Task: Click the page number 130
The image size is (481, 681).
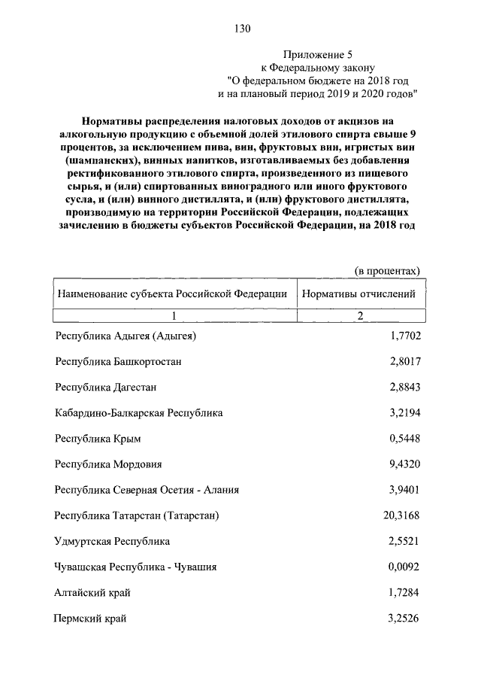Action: pos(241,29)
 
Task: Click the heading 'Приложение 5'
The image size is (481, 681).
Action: pos(317,55)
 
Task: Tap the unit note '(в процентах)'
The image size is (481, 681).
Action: pos(386,271)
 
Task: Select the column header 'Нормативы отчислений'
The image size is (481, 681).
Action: pos(358,294)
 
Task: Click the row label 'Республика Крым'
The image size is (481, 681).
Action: pos(98,439)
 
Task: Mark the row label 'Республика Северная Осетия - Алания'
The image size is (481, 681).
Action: pos(147,490)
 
